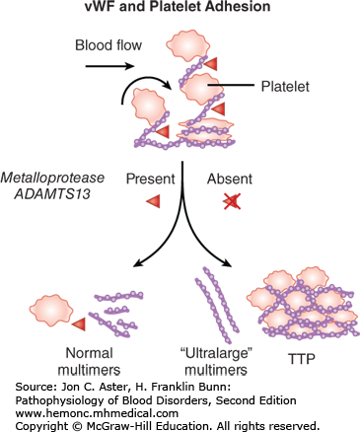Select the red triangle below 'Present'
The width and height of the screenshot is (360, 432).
pyautogui.click(x=153, y=202)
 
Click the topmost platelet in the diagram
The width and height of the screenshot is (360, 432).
pyautogui.click(x=196, y=43)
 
